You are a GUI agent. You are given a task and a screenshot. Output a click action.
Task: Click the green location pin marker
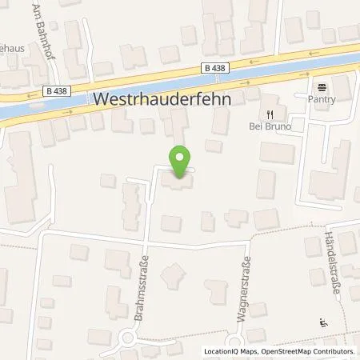point(180,162)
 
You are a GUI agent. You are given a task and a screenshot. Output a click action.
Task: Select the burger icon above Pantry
point(322,87)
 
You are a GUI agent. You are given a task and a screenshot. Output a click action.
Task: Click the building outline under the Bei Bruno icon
point(277,150)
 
